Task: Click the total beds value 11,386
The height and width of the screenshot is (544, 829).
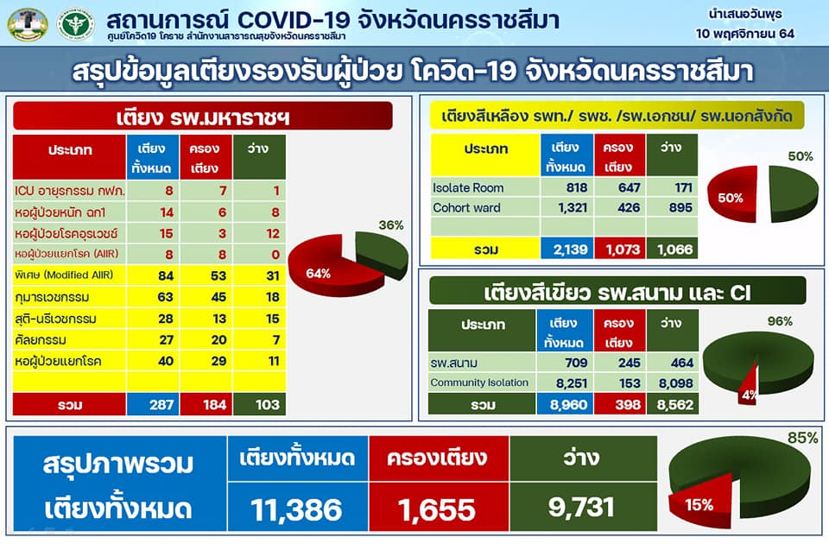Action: pos(296,509)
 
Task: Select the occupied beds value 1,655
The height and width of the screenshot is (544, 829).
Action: pos(437,509)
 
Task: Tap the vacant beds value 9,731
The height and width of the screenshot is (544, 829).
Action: pos(581,507)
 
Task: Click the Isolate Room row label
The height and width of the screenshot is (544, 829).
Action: pos(468,187)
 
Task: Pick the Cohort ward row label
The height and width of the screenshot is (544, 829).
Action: pos(466,208)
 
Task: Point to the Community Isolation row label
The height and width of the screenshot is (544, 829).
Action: pos(479,383)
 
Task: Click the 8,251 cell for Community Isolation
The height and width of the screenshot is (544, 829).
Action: pos(572,383)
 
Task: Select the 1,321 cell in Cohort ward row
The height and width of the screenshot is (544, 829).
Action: pos(573,208)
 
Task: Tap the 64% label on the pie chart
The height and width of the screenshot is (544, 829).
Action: pos(319,274)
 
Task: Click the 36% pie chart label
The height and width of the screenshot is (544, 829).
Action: pos(391,225)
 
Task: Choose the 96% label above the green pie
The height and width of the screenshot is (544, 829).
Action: pos(780,321)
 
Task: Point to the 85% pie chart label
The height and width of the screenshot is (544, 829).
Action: pos(802,438)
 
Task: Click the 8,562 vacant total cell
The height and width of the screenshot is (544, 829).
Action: pos(674,405)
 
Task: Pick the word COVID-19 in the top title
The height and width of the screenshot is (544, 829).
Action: pos(294,21)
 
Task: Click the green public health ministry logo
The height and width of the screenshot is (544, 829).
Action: pos(76,24)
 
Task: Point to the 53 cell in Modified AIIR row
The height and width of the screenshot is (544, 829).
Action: pos(218,275)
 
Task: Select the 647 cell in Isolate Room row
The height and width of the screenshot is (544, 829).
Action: pos(630,187)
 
